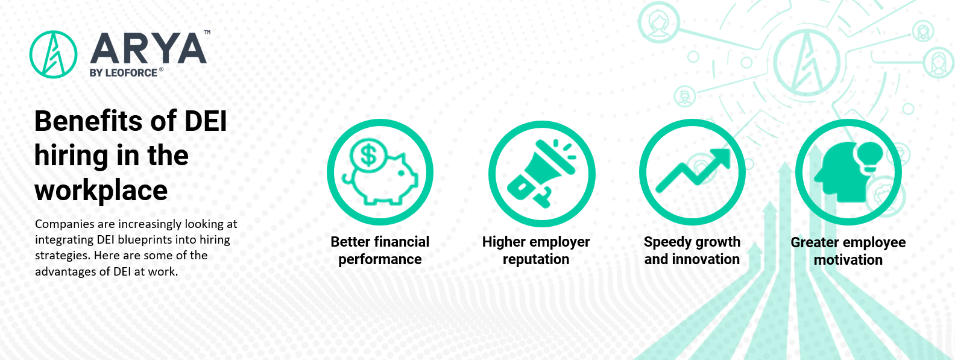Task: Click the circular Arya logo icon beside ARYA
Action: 53,55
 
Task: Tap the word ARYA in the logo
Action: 148,49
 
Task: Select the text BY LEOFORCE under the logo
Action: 124,73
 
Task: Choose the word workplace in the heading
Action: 101,190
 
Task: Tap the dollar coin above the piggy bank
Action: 368,155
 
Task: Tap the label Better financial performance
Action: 380,250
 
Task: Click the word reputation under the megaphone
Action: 536,259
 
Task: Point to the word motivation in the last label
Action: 848,260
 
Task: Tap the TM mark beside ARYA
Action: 207,32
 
